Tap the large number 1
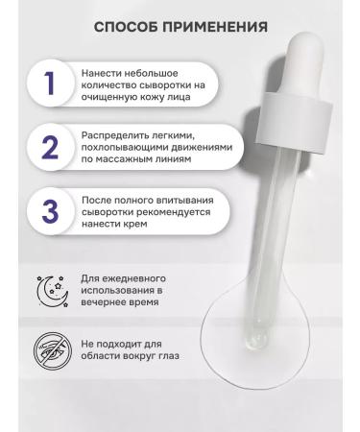46,83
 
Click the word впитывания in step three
177,197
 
